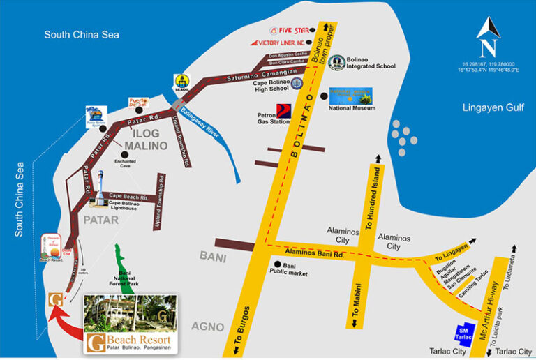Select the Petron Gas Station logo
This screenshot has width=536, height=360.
click(284, 110)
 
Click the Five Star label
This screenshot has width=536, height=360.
click(294, 30)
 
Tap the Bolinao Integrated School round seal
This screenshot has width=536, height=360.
click(337, 63)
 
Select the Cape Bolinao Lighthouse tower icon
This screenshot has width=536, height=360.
click(101, 188)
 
